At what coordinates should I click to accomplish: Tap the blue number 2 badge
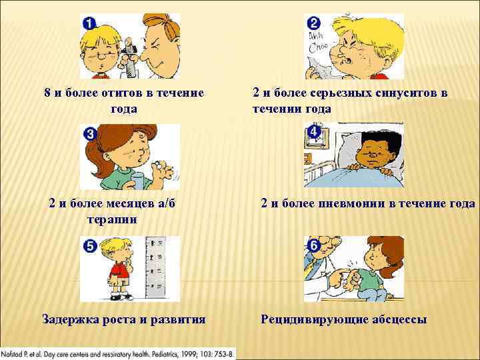(313, 21)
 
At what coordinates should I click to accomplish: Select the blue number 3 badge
(89, 134)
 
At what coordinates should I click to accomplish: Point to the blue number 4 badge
(314, 133)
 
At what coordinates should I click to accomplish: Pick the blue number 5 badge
(89, 246)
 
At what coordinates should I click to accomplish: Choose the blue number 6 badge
(314, 246)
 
